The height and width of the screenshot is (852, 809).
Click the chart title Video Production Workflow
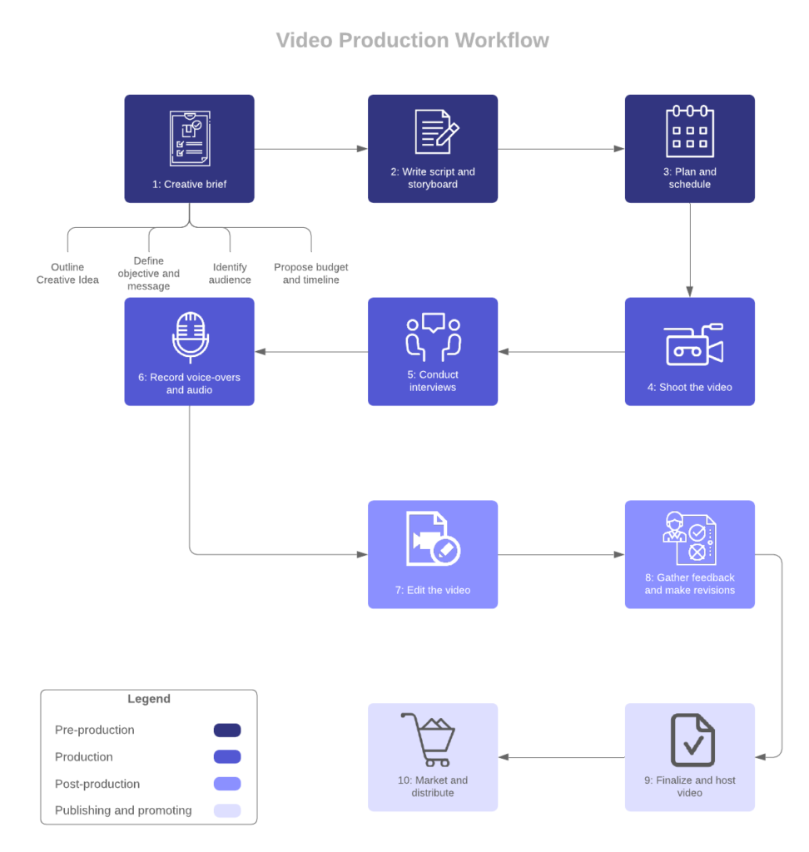[x=412, y=40]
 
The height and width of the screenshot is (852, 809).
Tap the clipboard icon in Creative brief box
[x=189, y=135]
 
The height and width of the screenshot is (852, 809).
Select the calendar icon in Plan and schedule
[x=689, y=131]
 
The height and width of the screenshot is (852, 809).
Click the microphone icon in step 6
[x=190, y=337]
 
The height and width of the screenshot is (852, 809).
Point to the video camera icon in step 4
[x=692, y=344]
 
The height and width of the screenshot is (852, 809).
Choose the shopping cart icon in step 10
[x=428, y=739]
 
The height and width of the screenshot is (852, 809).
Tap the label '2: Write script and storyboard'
[x=432, y=178]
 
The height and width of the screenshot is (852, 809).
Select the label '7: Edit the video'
[x=432, y=590]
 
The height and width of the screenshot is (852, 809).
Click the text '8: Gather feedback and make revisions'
[x=689, y=583]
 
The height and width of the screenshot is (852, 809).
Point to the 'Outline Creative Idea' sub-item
[x=67, y=274]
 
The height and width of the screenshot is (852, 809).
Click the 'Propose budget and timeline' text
[x=310, y=274]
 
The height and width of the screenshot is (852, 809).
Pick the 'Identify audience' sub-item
[x=231, y=274]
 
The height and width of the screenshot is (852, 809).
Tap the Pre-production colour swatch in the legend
[x=227, y=730]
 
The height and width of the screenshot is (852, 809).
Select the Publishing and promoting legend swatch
[x=227, y=810]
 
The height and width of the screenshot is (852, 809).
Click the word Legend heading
[x=148, y=699]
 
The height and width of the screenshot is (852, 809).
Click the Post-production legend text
[x=97, y=784]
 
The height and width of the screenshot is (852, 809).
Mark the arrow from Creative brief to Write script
[x=310, y=149]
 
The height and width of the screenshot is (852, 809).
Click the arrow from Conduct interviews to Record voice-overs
[x=310, y=352]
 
